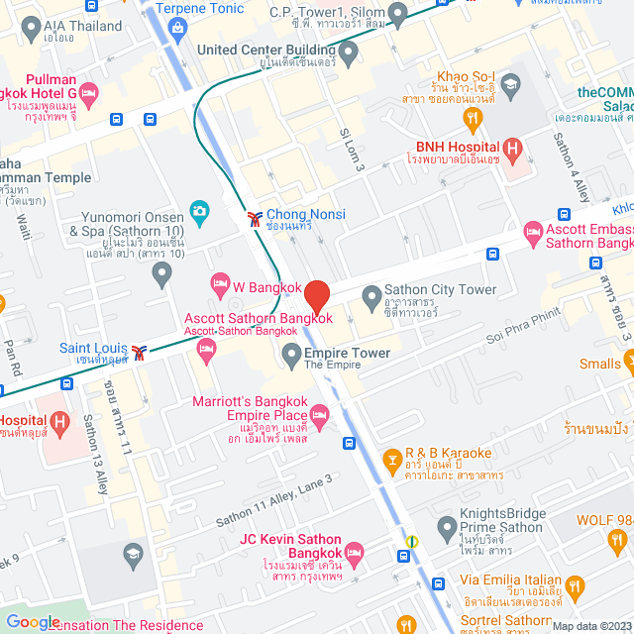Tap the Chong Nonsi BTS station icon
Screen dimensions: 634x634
coord(255,215)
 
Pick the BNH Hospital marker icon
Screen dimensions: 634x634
coord(512,151)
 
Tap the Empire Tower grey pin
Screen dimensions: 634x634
coord(291,354)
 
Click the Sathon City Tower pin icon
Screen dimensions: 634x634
coord(371,295)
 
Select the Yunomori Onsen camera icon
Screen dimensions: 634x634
coord(199,211)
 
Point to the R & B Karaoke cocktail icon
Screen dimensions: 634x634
coord(393,461)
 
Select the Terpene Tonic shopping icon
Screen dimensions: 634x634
coord(176,26)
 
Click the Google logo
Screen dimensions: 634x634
coord(33,621)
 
